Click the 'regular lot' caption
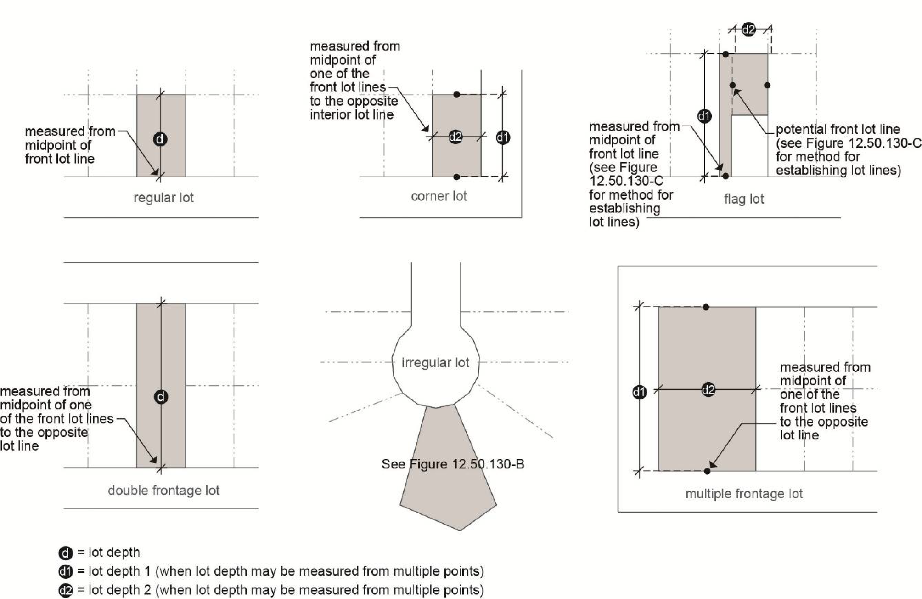click(x=163, y=198)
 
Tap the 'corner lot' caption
click(x=439, y=196)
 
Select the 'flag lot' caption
click(x=744, y=199)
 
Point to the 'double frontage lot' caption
click(x=163, y=491)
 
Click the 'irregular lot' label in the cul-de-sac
click(x=435, y=363)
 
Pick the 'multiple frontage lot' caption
click(x=744, y=494)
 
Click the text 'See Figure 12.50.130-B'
click(x=453, y=464)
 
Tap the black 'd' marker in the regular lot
click(x=160, y=139)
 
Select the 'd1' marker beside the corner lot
click(x=503, y=137)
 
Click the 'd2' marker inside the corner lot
click(x=455, y=137)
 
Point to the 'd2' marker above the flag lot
click(x=748, y=29)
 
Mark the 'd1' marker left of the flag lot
click(x=704, y=116)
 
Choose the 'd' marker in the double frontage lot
click(x=161, y=397)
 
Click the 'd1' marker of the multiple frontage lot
click(x=639, y=392)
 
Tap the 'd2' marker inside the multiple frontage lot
click(x=708, y=390)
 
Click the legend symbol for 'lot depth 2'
click(x=66, y=590)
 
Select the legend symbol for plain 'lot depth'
click(x=66, y=553)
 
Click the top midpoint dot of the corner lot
click(x=456, y=94)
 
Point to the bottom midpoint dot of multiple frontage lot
click(x=707, y=471)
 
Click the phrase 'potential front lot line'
click(x=838, y=130)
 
